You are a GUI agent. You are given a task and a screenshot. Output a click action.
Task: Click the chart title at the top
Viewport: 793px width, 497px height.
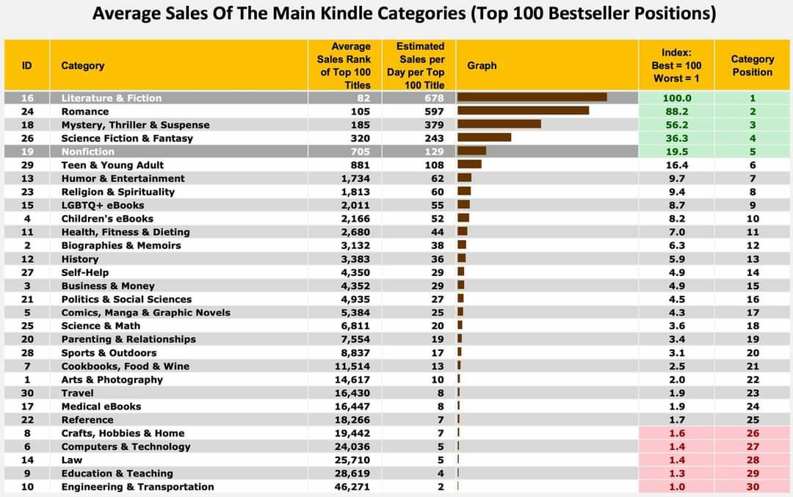(404, 13)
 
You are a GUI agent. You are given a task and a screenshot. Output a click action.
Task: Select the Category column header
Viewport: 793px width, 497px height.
(82, 65)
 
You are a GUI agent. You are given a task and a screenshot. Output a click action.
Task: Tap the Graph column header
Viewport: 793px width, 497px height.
(482, 65)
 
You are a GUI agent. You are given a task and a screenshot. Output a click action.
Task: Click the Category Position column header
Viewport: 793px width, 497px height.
(753, 65)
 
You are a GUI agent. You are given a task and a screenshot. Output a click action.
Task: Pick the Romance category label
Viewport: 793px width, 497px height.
(84, 112)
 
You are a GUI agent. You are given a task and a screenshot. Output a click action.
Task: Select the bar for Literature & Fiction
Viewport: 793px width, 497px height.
(532, 98)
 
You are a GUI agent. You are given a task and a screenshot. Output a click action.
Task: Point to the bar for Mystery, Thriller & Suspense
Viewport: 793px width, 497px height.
(499, 125)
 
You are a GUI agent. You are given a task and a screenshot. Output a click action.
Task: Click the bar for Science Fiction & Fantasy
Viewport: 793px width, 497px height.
(484, 138)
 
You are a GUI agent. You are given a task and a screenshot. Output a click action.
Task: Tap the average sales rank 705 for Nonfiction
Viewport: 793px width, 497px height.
(361, 152)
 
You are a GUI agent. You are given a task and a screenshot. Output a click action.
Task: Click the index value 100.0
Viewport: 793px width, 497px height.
(676, 98)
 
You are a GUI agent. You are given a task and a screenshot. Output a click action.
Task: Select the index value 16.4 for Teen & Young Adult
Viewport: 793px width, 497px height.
(676, 165)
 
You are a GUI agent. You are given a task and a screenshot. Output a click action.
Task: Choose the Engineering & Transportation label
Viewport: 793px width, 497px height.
(137, 487)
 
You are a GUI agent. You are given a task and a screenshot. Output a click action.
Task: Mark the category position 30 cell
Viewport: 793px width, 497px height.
(753, 487)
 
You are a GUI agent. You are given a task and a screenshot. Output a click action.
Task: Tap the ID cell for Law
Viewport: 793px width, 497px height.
(27, 460)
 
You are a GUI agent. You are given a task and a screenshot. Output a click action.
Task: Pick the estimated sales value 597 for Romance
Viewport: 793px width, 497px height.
(434, 112)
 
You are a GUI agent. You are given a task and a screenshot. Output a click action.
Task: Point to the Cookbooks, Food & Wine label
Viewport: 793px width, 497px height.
(125, 366)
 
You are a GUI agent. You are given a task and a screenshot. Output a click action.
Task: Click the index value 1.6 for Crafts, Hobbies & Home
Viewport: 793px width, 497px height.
(676, 433)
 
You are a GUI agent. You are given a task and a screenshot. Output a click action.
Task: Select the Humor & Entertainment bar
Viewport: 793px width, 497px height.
(464, 178)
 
